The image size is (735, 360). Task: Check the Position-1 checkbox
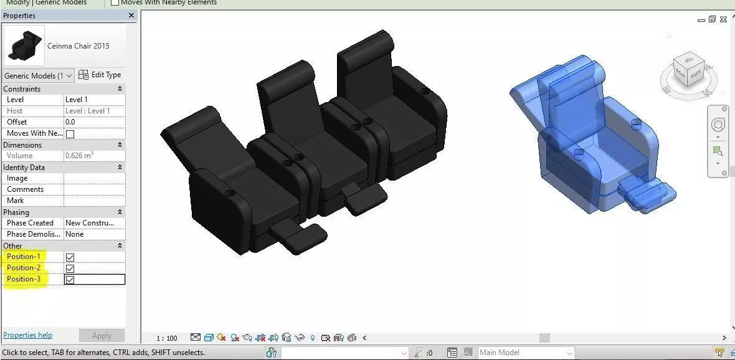click(x=70, y=257)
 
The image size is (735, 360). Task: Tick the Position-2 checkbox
click(x=70, y=268)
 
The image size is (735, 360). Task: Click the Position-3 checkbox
click(x=70, y=280)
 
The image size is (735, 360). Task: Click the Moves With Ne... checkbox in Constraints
click(x=70, y=134)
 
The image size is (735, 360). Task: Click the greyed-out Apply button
click(x=102, y=336)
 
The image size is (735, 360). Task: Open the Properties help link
click(x=28, y=335)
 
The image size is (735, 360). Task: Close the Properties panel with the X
click(x=131, y=16)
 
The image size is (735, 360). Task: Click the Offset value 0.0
click(x=93, y=122)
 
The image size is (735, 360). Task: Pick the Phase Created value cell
click(x=93, y=223)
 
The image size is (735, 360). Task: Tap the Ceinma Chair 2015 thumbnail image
click(x=24, y=45)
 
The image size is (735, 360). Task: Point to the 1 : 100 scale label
click(x=166, y=338)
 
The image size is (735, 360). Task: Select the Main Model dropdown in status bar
click(x=524, y=353)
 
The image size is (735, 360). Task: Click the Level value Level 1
click(x=93, y=100)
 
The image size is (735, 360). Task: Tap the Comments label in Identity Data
click(x=25, y=189)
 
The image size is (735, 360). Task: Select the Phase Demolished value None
click(x=93, y=234)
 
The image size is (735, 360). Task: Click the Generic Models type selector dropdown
click(x=38, y=76)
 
